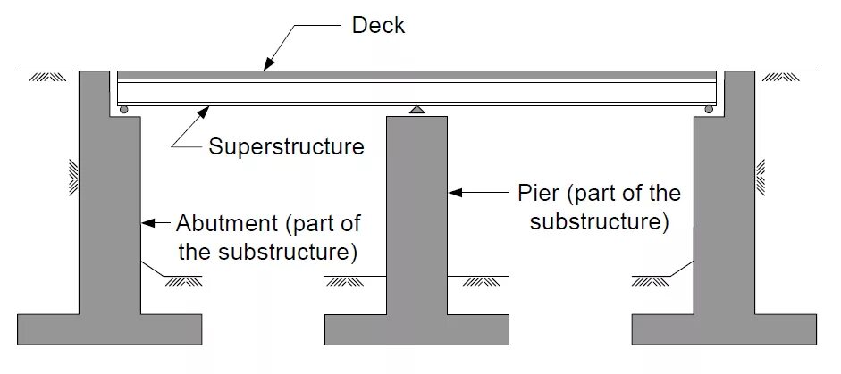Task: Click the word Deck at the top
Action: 378,26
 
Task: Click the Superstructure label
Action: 286,146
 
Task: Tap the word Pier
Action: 538,193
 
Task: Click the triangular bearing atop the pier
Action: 417,110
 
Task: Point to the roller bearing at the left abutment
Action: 124,110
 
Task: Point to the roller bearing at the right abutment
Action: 709,110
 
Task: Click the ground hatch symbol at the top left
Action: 44,78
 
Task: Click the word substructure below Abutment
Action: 285,252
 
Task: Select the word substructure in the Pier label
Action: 599,221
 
